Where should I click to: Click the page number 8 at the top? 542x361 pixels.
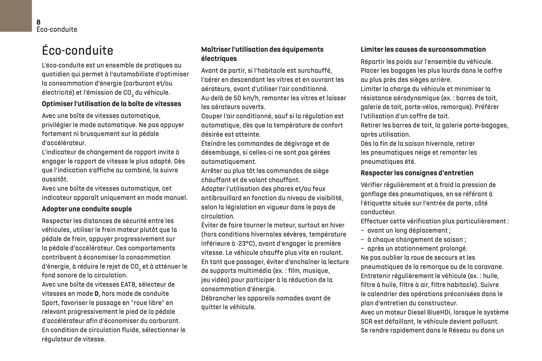tap(39, 22)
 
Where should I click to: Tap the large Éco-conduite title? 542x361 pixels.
tap(78, 51)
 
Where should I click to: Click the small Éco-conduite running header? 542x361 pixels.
tap(57, 30)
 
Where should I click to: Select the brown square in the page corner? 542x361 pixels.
tap(16, 16)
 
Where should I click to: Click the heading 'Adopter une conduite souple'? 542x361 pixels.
tap(87, 209)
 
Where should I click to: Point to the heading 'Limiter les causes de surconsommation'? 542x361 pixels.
tap(423, 49)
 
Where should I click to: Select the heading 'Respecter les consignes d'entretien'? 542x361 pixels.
tap(417, 173)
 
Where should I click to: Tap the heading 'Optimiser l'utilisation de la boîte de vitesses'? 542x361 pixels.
tap(111, 104)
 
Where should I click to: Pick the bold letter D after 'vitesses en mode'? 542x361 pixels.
tap(96, 294)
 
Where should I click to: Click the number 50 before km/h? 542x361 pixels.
tap(237, 98)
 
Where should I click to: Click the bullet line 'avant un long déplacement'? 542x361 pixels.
tap(408, 231)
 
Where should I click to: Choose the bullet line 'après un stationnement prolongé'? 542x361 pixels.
tap(417, 249)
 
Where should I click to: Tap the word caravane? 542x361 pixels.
tap(489, 267)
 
